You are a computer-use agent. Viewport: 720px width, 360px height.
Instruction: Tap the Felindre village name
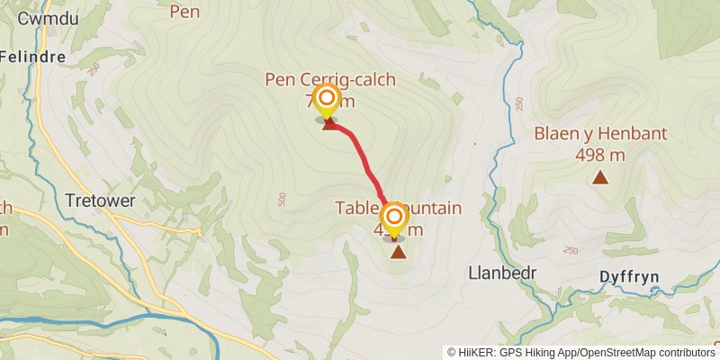pyautogui.click(x=32, y=56)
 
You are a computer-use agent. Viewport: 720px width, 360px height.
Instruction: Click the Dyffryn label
pyautogui.click(x=633, y=278)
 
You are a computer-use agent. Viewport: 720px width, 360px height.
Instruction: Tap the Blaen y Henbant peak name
pyautogui.click(x=600, y=134)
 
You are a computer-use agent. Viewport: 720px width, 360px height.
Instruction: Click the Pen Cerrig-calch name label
pyautogui.click(x=330, y=80)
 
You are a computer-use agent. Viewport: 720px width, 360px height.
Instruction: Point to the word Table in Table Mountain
pyautogui.click(x=355, y=208)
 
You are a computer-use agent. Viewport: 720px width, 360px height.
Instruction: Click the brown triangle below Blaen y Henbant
pyautogui.click(x=599, y=177)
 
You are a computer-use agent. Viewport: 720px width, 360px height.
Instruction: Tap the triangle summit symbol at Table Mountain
pyautogui.click(x=398, y=252)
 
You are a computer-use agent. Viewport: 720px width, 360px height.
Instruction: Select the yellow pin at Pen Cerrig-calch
pyautogui.click(x=327, y=100)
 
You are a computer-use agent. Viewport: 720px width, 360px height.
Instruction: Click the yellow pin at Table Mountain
pyautogui.click(x=393, y=218)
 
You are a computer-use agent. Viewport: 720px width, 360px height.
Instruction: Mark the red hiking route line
pyautogui.click(x=364, y=162)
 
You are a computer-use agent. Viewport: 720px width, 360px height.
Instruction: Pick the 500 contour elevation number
pyautogui.click(x=282, y=198)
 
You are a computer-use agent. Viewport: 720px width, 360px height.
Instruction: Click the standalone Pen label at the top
pyautogui.click(x=184, y=12)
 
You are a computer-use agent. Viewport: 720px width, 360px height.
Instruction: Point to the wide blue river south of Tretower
pyautogui.click(x=135, y=319)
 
